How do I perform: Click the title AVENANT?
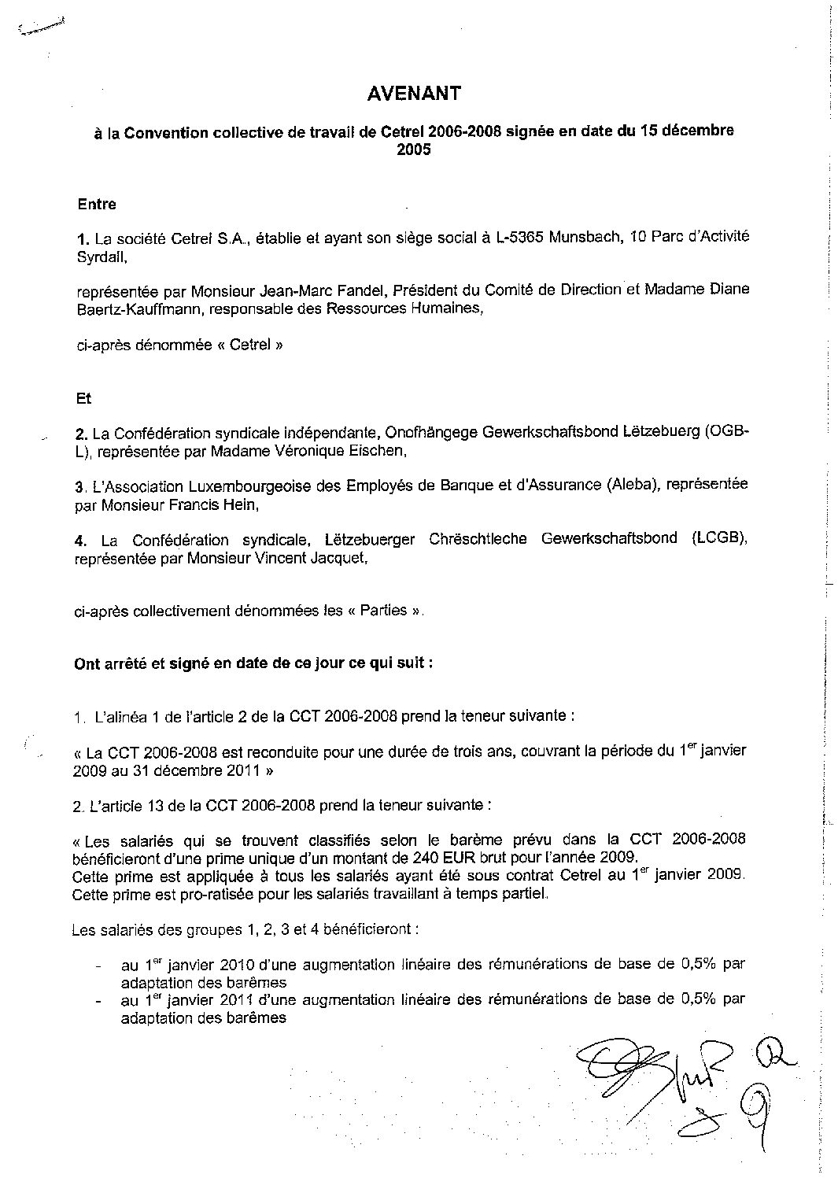coord(414,94)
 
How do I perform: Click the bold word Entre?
coord(97,205)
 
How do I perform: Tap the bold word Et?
coord(83,398)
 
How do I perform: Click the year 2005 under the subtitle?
coord(414,150)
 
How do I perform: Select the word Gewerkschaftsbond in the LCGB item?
coord(609,539)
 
